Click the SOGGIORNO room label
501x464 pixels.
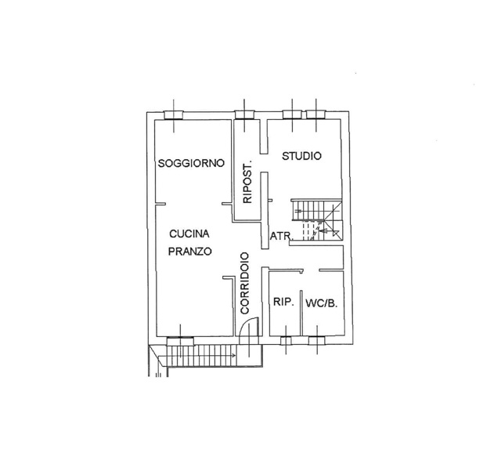point(191,163)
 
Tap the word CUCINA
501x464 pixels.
point(189,234)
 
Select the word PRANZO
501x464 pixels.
point(189,252)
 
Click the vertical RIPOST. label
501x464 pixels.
point(247,181)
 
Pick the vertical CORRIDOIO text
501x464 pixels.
point(245,283)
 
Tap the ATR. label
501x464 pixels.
point(282,237)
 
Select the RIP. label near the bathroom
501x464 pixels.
point(283,302)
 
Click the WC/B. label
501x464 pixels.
point(322,303)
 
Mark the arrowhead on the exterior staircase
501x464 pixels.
point(234,356)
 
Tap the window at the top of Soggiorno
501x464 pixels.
point(174,115)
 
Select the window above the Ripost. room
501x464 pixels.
point(244,115)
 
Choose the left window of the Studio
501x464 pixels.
point(292,115)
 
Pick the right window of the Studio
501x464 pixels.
point(316,115)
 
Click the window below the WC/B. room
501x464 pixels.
point(317,340)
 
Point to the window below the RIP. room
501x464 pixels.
point(286,340)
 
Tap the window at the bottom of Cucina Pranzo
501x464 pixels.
point(180,341)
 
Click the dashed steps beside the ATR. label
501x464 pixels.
point(308,230)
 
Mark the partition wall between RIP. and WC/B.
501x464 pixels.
point(301,314)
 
